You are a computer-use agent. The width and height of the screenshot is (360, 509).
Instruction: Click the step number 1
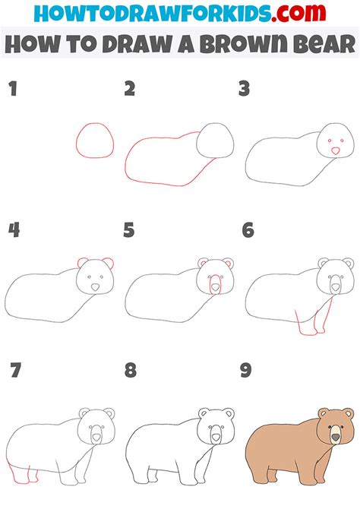[12, 90]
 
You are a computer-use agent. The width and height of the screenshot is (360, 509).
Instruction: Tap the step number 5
[129, 229]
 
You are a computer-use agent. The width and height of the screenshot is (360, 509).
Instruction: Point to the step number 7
[13, 371]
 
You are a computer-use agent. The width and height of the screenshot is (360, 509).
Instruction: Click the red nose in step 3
[334, 152]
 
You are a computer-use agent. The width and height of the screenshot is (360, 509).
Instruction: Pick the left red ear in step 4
[81, 263]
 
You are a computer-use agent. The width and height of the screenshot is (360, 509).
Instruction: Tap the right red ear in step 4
[110, 263]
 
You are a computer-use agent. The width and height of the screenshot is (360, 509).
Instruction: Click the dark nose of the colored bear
[335, 436]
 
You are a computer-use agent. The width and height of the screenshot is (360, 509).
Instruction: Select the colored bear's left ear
[322, 413]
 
